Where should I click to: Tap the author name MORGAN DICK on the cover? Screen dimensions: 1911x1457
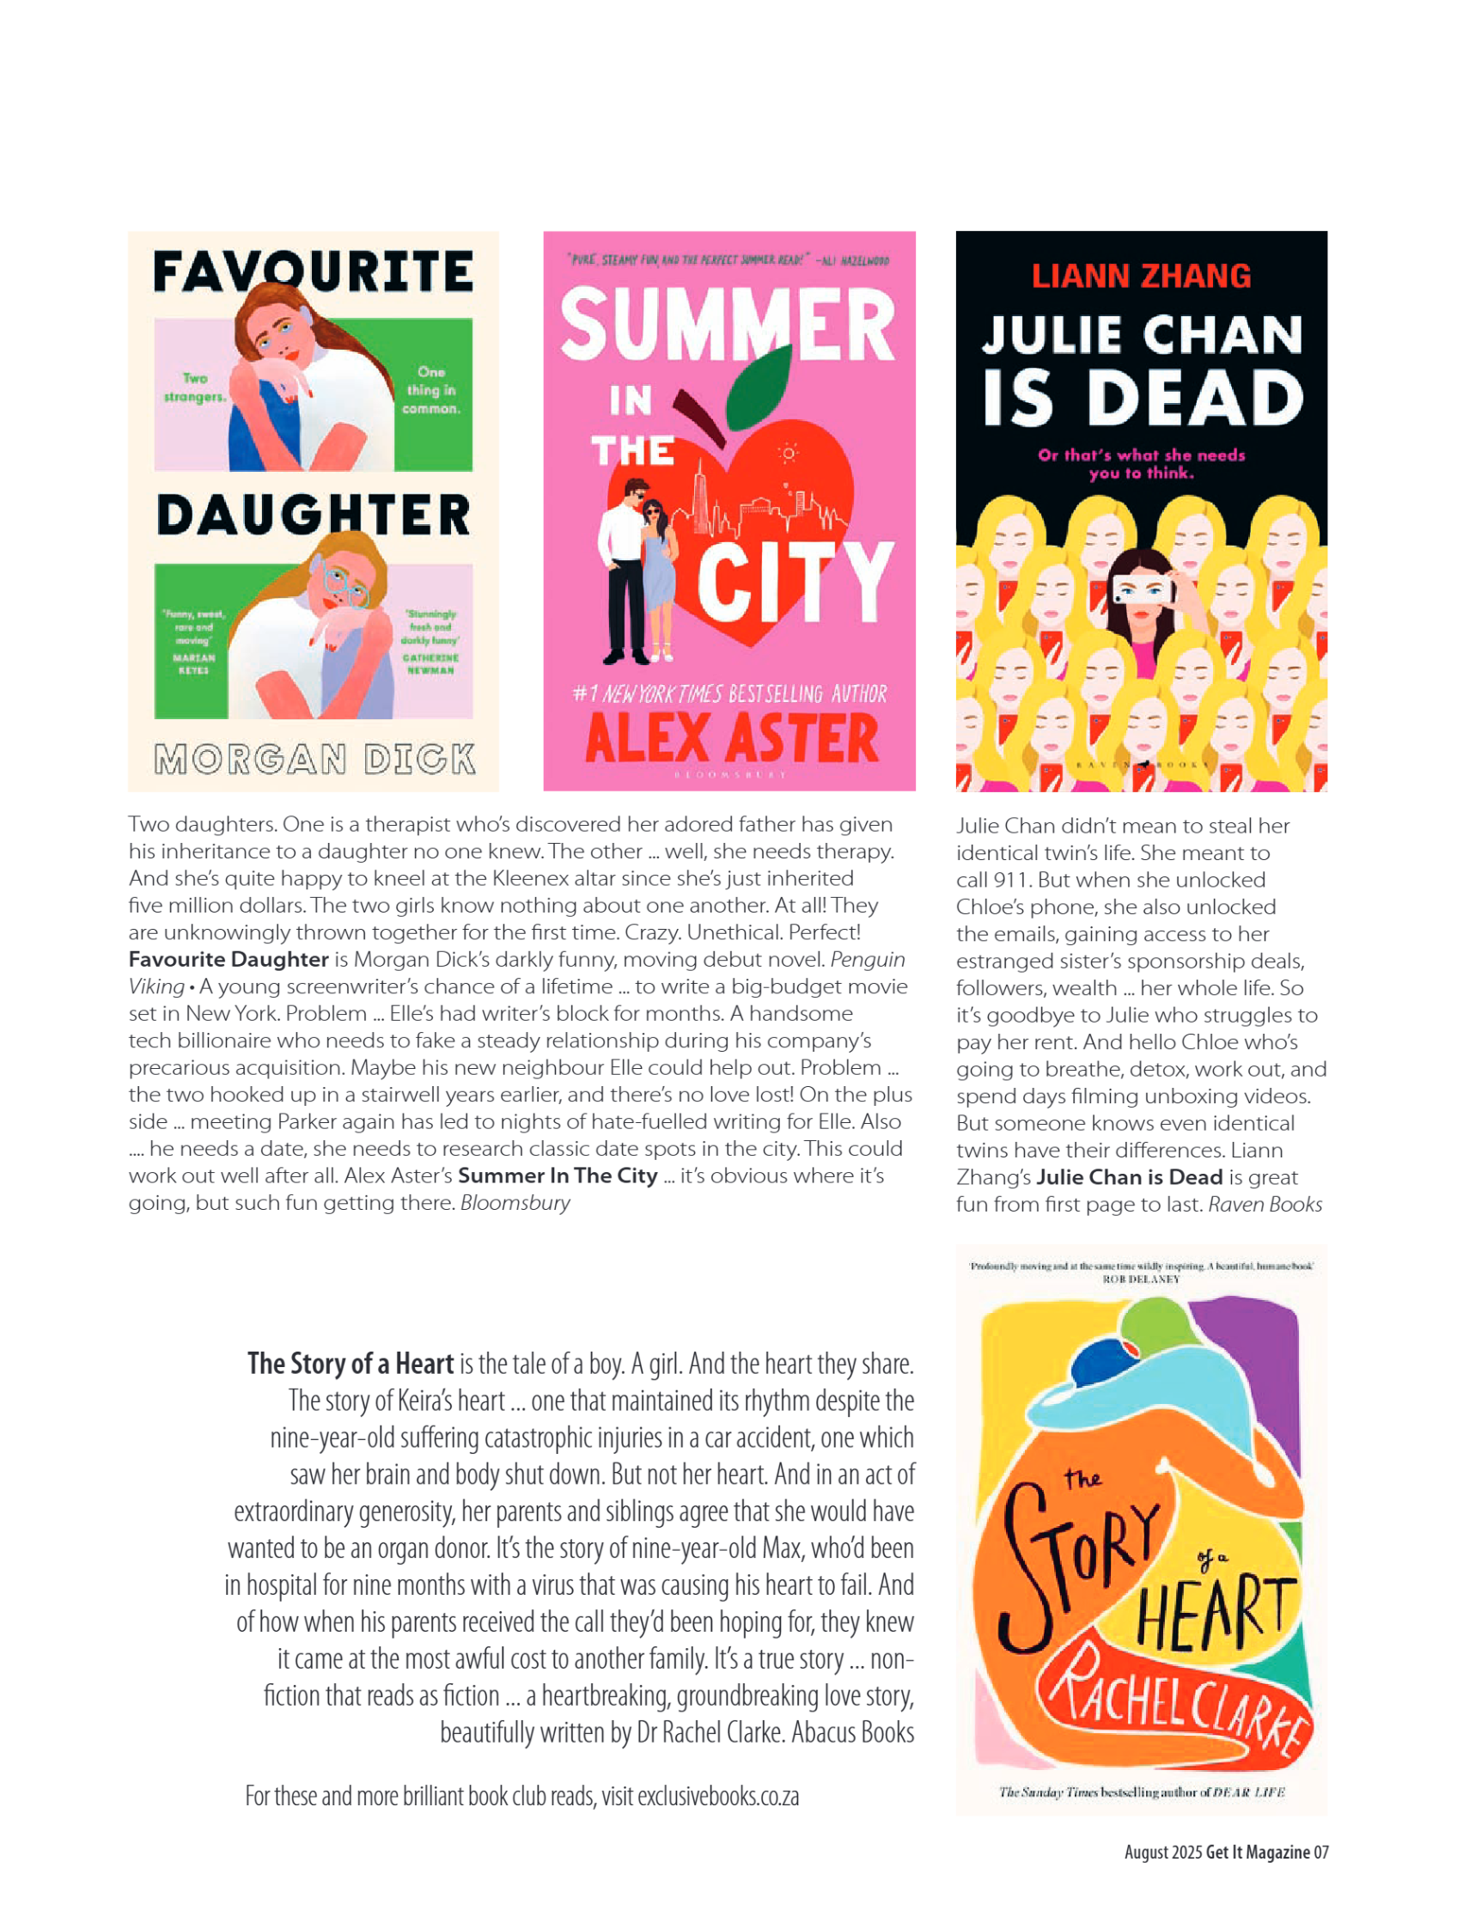pos(314,759)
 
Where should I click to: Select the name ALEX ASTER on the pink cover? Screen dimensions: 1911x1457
pos(731,739)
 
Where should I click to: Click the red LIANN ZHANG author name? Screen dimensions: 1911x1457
pos(1141,276)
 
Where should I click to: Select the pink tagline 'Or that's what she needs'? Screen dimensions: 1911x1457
pos(1141,455)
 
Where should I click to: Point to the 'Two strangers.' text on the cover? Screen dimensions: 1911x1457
pos(194,387)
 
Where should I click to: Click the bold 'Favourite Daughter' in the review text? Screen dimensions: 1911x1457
pos(229,960)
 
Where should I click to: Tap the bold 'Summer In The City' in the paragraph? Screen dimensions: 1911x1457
pos(557,1175)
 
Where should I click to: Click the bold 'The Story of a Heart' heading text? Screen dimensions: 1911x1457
pos(351,1364)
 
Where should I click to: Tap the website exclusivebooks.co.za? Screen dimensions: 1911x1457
pos(717,1796)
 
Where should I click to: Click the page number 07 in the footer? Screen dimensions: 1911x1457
pos(1320,1852)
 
